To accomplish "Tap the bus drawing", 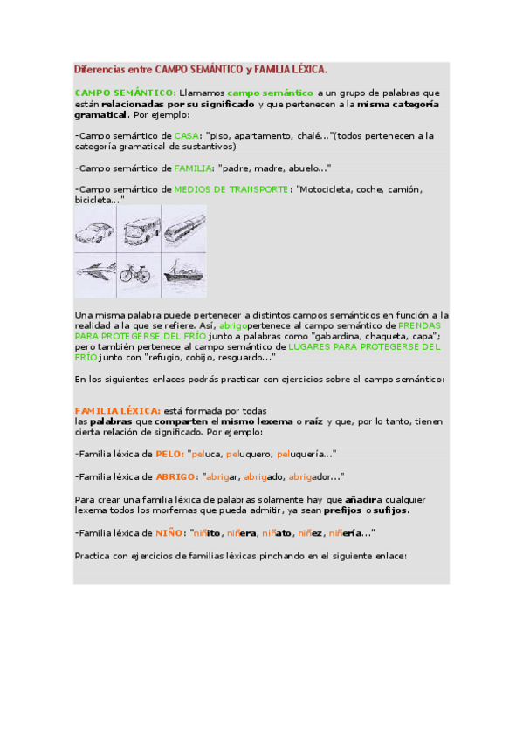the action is (x=141, y=230).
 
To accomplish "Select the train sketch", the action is (x=184, y=230).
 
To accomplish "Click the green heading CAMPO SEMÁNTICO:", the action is (x=125, y=92).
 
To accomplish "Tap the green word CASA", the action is (x=186, y=136).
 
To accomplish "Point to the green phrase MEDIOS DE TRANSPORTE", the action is (x=231, y=189).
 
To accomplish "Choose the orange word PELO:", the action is (x=169, y=455).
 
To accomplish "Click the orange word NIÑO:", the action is (x=171, y=532).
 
